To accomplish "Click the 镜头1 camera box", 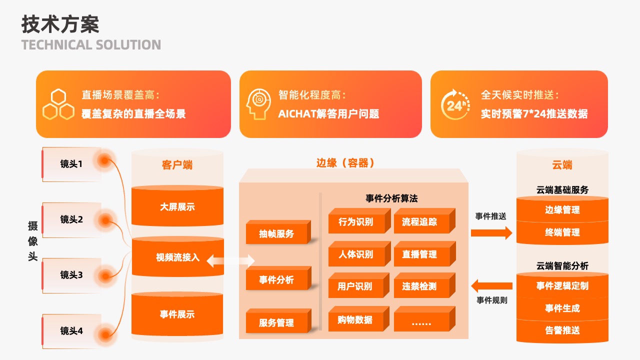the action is [x=71, y=164].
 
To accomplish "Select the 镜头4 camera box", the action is [x=71, y=331].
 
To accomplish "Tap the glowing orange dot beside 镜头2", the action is [x=105, y=220].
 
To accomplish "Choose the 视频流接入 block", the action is [x=177, y=256].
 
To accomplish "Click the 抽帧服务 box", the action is [x=278, y=232].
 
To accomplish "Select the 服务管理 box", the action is [x=278, y=320].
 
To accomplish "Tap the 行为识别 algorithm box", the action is [x=359, y=220].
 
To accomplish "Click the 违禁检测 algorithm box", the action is [x=424, y=285].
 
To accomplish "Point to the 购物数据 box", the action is [x=359, y=319].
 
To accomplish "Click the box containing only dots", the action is [x=424, y=319].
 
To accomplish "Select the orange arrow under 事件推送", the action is [x=491, y=233].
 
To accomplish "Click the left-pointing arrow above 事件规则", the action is [x=491, y=285].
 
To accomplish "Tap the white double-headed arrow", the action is [x=230, y=261].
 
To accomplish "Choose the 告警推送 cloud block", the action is [x=562, y=331].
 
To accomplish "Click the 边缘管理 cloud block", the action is [x=562, y=209].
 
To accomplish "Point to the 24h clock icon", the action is [x=455, y=104].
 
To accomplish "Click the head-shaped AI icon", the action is [x=258, y=104].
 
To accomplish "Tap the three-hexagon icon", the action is [x=58, y=104].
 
